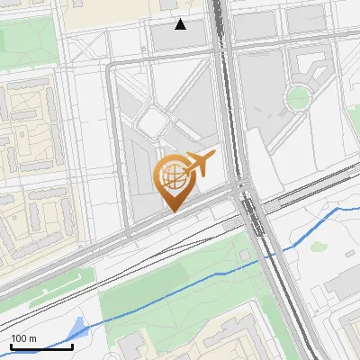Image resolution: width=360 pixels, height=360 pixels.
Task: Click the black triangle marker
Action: click(x=181, y=24)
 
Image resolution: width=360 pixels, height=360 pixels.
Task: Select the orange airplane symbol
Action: click(x=199, y=164)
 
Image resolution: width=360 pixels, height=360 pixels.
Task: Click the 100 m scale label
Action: click(x=23, y=338)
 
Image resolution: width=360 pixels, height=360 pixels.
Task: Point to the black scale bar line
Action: click(x=41, y=346)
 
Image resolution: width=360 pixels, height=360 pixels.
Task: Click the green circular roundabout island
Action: click(x=297, y=96)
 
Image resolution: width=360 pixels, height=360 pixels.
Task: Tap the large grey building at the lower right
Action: click(x=342, y=286)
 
